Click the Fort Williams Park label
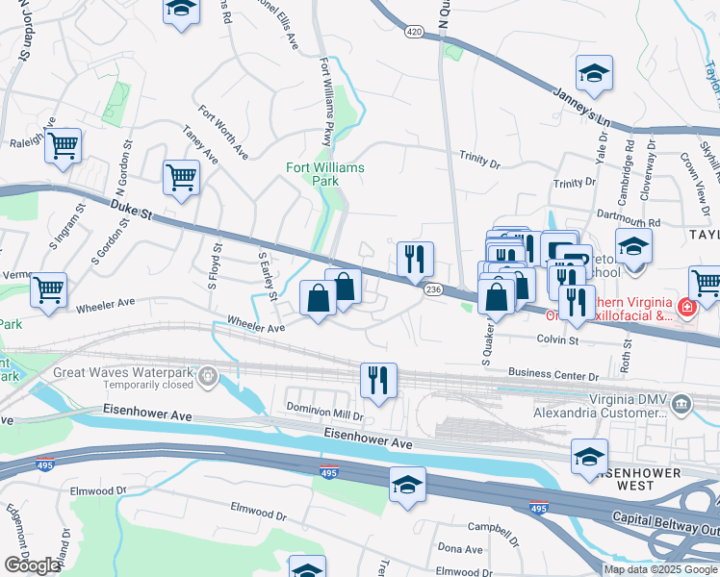tap(325, 174)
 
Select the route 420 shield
tap(414, 32)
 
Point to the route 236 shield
tap(433, 289)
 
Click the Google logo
tap(32, 565)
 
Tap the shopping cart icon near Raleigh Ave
tap(64, 146)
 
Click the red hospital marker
tap(687, 308)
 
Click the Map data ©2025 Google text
tap(659, 569)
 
